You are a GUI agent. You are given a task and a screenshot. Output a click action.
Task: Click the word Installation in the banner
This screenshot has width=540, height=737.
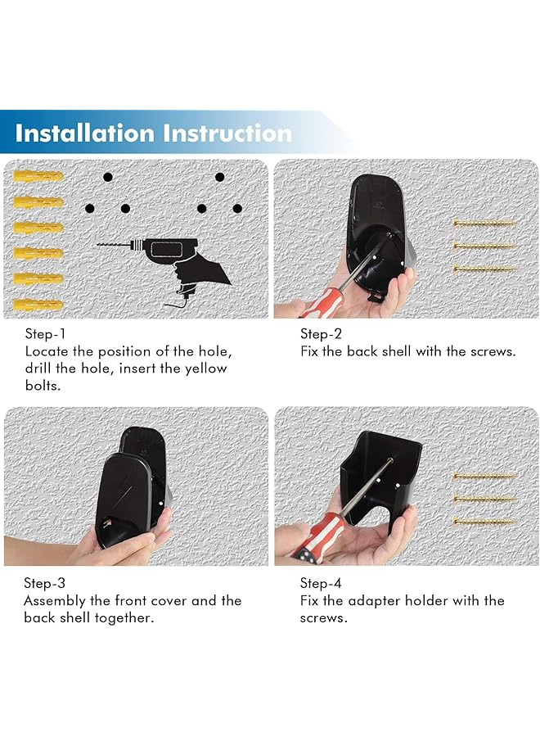[x=84, y=133]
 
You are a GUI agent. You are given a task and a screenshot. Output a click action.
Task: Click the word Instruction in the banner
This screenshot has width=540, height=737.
[x=227, y=133]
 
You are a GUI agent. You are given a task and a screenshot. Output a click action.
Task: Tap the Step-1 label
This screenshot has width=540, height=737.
[x=46, y=334]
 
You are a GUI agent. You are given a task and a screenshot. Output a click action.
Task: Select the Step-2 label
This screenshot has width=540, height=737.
[x=322, y=334]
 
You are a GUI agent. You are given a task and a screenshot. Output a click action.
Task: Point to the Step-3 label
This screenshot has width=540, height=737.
[x=45, y=583]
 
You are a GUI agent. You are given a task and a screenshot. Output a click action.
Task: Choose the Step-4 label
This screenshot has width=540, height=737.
[x=321, y=583]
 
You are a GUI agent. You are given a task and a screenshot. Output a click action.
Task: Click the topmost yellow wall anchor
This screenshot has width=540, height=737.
[x=38, y=176]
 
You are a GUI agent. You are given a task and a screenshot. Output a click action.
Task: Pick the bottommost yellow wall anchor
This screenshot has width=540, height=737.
[x=38, y=304]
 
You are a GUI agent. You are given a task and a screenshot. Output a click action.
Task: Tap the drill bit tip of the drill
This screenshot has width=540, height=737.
[x=97, y=244]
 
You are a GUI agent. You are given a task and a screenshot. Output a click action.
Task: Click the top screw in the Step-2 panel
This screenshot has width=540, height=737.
[x=484, y=224]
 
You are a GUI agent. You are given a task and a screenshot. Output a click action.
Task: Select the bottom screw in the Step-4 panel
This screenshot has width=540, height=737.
[x=484, y=522]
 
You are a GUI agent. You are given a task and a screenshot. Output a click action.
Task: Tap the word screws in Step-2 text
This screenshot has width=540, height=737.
[x=491, y=351]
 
